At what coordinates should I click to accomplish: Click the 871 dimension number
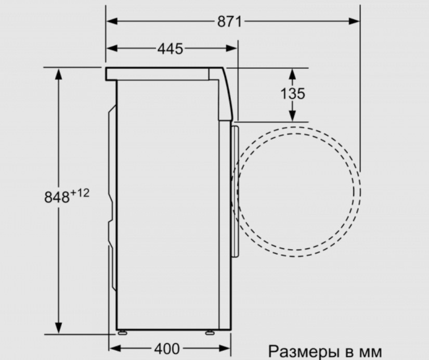pos(229,22)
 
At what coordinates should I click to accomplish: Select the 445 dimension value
pos(170,49)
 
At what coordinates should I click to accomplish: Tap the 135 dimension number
pos(292,93)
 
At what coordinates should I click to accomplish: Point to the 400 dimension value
pos(167,349)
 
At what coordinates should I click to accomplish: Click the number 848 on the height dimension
pos(57,197)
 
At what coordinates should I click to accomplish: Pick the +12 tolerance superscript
pos(80,194)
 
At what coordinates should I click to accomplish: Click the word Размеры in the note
pos(302,351)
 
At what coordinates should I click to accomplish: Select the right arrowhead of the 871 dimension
pos(354,21)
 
